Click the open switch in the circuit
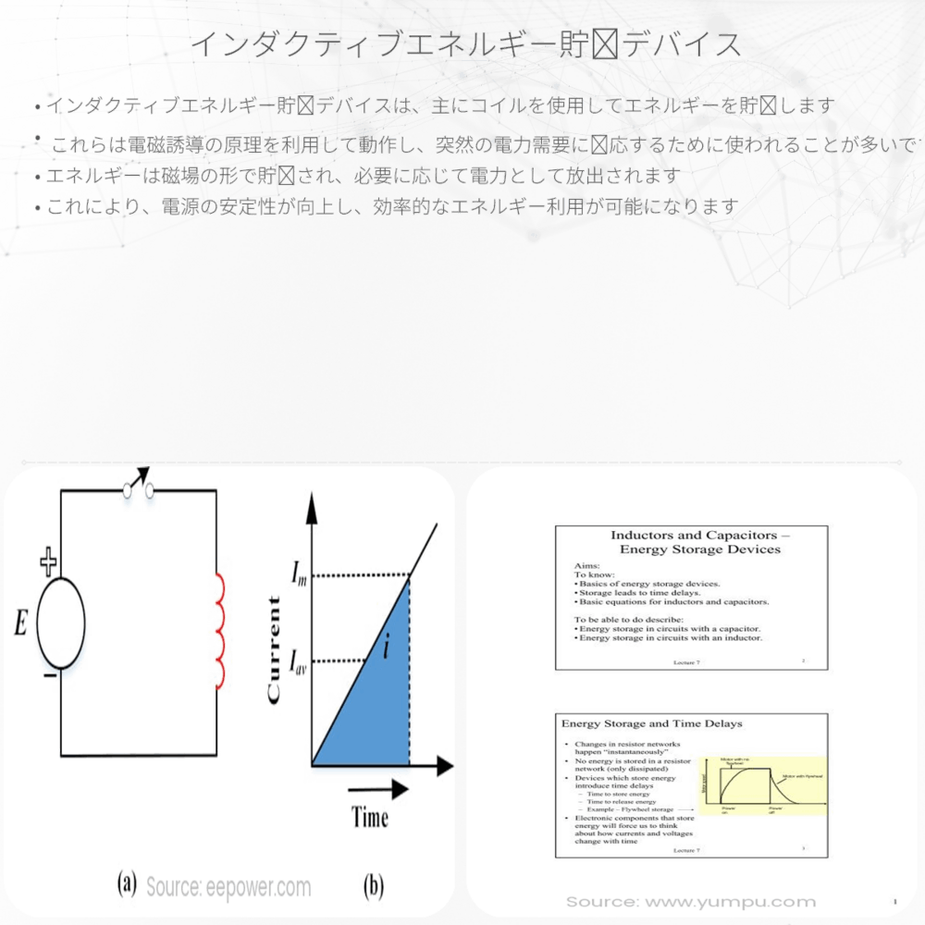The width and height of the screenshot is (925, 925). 138,485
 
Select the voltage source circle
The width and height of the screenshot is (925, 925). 61,623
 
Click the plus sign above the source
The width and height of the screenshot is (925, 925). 48,561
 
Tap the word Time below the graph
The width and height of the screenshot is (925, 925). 369,817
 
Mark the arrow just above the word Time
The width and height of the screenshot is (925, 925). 379,791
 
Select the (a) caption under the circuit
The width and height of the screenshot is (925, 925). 128,884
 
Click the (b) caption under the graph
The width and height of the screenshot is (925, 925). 373,886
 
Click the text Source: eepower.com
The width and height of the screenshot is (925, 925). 228,888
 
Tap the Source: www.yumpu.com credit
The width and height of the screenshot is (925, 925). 691,902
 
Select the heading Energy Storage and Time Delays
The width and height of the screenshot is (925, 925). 652,722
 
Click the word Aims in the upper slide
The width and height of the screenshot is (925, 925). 587,567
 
